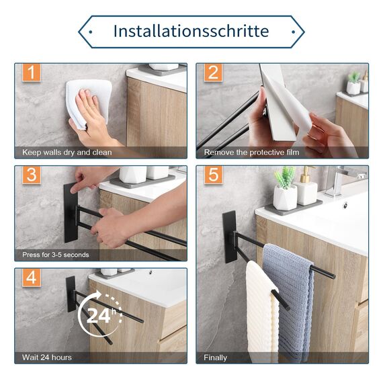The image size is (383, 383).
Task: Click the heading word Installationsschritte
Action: (191, 32)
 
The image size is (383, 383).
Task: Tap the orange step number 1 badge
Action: (32, 73)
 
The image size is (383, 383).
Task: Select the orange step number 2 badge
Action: (213, 73)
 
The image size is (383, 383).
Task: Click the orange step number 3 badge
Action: (32, 175)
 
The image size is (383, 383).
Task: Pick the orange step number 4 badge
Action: (32, 278)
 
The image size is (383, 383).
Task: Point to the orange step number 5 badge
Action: (213, 175)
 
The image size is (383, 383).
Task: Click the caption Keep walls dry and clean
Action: (67, 153)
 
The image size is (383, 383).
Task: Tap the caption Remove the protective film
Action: (251, 153)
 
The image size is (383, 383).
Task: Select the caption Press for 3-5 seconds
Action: (56, 255)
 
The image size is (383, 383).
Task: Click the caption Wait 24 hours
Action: (47, 357)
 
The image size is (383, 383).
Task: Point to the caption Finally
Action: (215, 357)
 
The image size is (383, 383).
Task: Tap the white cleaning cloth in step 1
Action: (89, 103)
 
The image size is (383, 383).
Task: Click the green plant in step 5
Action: (285, 177)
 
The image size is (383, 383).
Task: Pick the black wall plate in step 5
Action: (230, 237)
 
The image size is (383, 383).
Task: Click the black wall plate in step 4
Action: (71, 294)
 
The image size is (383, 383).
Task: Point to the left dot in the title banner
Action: (91, 32)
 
